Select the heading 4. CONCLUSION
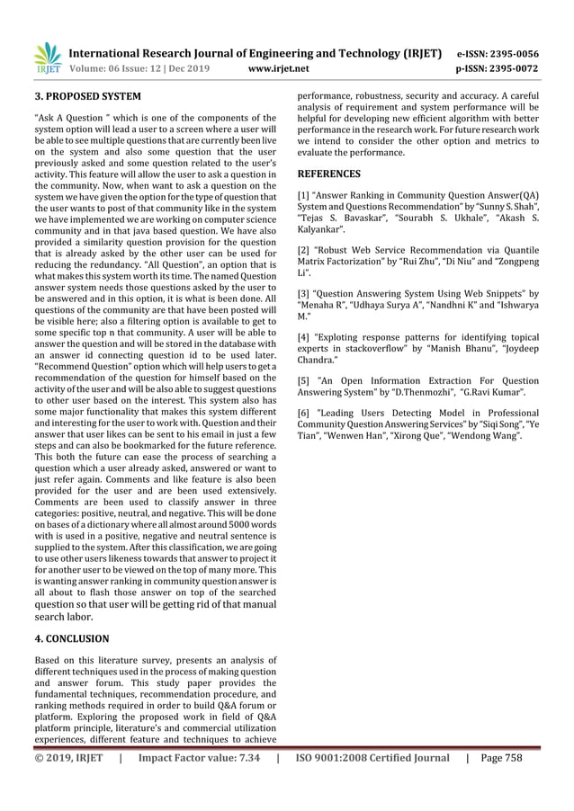coord(71,638)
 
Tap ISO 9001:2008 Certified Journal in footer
coord(372,758)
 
